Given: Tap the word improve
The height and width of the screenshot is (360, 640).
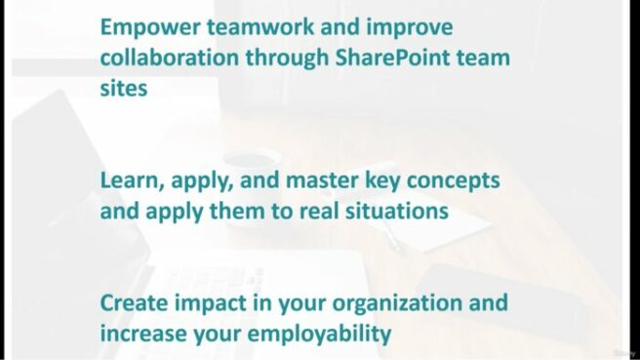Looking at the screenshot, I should point(404,25).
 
